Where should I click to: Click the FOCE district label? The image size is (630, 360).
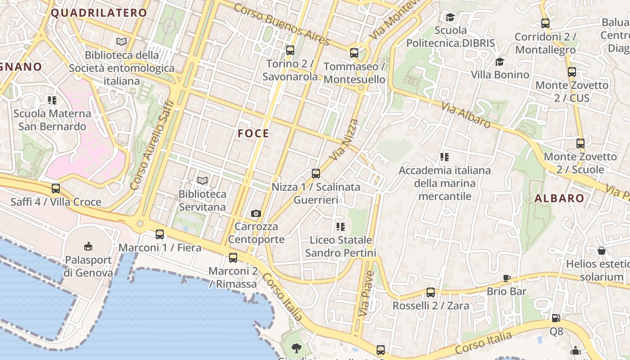tap(253, 134)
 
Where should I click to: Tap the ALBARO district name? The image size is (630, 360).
tap(559, 198)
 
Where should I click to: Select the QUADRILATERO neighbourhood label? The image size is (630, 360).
tap(99, 13)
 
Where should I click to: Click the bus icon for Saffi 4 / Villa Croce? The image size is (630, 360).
tap(56, 189)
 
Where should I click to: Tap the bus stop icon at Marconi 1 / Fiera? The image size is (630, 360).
tap(160, 234)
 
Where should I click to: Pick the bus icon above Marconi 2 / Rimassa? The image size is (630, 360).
tap(233, 258)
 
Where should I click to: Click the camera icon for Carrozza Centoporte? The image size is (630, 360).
tap(256, 213)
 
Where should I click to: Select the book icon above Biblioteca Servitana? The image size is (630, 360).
tap(202, 181)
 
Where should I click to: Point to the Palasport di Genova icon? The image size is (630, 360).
tap(88, 246)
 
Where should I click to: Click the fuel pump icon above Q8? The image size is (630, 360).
tap(556, 318)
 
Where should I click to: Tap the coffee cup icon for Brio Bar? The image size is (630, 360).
tap(507, 278)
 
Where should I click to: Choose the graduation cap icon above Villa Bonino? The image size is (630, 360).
tap(499, 62)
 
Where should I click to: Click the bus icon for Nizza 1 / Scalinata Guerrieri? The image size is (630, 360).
tap(316, 174)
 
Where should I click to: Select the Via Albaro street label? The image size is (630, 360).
tap(466, 114)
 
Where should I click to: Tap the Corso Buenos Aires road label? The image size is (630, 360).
tap(282, 24)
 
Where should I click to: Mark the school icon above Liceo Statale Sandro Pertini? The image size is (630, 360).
tap(340, 227)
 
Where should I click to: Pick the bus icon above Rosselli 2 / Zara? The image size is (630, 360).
tap(431, 292)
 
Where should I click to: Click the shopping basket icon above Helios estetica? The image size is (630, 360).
tap(601, 251)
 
